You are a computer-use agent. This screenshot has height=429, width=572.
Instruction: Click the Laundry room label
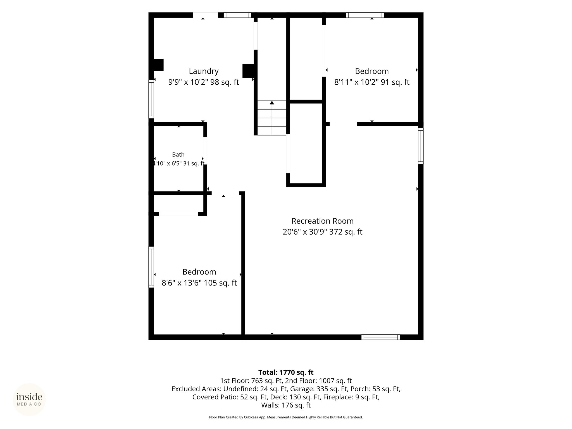point(204,71)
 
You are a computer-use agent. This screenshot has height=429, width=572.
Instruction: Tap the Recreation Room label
point(323,221)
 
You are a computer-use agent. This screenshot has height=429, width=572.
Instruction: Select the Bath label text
point(178,154)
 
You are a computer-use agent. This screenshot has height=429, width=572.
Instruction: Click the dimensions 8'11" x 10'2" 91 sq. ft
point(372,82)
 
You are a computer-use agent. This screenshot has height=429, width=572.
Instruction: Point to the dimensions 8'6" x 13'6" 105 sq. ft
point(199,283)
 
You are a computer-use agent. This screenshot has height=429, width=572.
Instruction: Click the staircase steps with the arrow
point(272,118)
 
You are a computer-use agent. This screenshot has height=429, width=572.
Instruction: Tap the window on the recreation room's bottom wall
point(381,337)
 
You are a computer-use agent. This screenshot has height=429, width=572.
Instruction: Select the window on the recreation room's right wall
point(421,146)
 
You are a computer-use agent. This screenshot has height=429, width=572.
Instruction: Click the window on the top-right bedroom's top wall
point(365,15)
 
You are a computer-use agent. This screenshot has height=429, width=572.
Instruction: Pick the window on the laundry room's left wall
point(151,99)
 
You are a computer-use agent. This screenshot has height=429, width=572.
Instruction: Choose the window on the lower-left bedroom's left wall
point(151,267)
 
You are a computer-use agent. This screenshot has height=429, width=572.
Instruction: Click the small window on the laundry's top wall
point(237,15)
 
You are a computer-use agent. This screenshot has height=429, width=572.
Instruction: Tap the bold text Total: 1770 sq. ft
point(286,372)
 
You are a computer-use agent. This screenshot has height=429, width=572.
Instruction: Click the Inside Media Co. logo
point(29,400)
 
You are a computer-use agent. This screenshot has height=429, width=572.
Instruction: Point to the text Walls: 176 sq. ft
point(286,405)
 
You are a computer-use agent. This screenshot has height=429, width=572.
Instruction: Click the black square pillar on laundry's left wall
point(158,65)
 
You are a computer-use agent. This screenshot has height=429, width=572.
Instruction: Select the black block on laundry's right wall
point(248,71)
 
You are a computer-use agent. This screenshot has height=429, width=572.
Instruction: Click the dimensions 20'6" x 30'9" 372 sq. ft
point(323,232)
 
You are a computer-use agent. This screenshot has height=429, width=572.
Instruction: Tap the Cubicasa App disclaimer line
point(286,417)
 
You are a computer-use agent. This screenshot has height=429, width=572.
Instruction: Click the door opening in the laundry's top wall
point(206,15)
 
